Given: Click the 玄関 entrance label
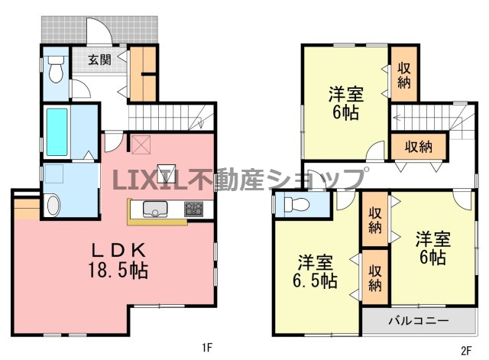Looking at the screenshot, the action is pos(99,60).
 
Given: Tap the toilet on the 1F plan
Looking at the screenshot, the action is pos(56,69).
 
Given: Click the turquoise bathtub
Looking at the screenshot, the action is pos(57,131).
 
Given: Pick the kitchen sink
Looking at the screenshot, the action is pos(155,209).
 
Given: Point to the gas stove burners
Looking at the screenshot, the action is pos(193,209).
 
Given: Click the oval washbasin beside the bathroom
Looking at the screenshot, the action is pos(53,204).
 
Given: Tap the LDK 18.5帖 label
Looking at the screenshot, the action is pos(118,260).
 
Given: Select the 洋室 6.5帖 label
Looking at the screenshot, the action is pos(315,271).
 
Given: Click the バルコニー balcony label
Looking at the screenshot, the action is pos(419,320).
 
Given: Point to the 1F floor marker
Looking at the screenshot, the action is pos(207,348).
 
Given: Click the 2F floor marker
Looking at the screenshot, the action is pos(466,351).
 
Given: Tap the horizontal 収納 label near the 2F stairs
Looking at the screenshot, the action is pos(419,146).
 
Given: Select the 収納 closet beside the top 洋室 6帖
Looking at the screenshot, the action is pos(404,73).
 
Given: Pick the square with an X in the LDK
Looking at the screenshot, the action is pos(141,144).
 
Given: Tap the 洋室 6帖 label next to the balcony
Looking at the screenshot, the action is pos(433,248).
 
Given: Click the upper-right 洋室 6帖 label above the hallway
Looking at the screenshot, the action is pos(346,104).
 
